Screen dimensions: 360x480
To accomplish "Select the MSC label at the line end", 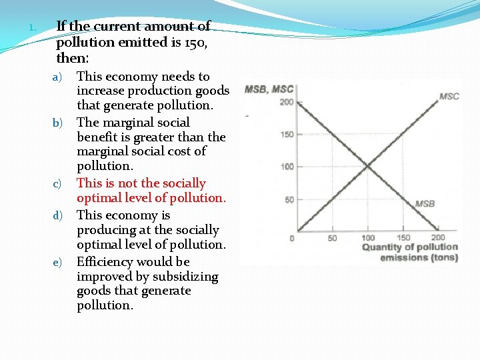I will point(449,96).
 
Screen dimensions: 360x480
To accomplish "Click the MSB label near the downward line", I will point(425,203).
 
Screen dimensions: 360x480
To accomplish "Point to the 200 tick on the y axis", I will point(287,102).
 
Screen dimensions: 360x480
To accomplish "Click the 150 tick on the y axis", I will point(287,135).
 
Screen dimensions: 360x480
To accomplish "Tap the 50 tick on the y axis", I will point(289,200).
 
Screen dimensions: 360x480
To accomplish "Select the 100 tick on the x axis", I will point(368,238).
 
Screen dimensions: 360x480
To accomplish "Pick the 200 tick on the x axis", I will point(438,238).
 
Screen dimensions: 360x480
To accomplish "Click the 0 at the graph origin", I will point(292,238).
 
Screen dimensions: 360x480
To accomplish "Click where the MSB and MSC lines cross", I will point(368,167).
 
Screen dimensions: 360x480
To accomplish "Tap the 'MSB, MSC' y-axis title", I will point(269,89).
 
